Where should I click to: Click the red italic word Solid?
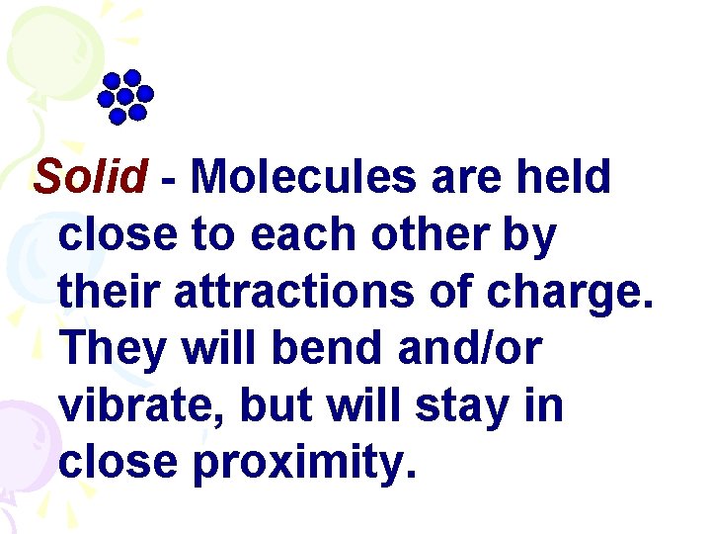[90, 178]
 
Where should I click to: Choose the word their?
[110, 292]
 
